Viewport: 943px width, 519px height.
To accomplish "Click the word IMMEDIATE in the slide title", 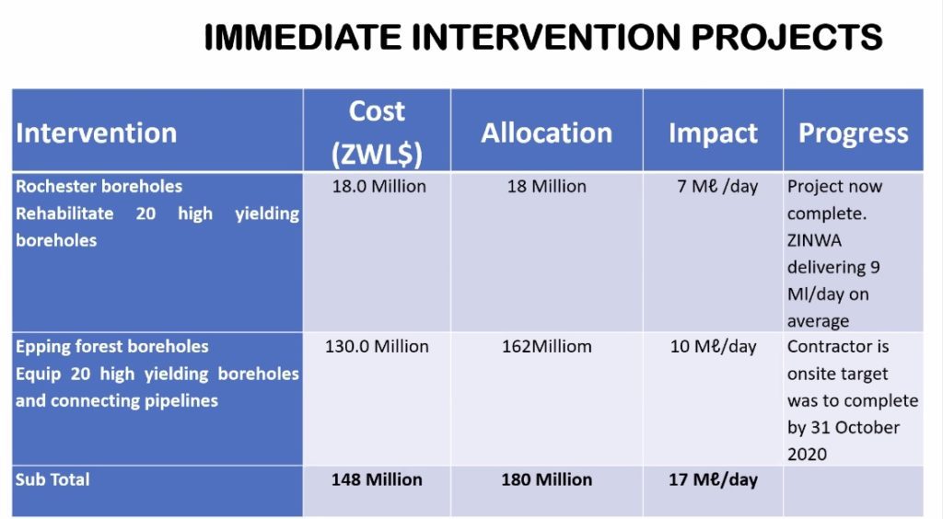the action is [x=302, y=37].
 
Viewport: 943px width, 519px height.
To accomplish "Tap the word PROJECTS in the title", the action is [x=786, y=37].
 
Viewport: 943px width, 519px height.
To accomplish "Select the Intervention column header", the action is [x=96, y=133].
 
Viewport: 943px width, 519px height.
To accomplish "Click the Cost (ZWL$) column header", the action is [x=377, y=133].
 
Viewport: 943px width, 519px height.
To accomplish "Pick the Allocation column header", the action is [x=547, y=133].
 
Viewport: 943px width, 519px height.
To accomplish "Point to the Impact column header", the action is [x=714, y=133].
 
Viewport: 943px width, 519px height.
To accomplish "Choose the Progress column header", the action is [x=854, y=133].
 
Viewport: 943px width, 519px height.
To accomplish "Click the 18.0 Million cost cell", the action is [x=378, y=186].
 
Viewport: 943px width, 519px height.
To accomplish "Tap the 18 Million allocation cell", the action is [x=547, y=186].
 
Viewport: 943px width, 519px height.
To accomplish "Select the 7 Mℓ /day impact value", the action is [x=717, y=187].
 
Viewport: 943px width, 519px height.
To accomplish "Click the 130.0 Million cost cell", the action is [x=377, y=347].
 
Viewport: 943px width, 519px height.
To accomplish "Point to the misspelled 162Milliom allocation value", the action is [x=547, y=347].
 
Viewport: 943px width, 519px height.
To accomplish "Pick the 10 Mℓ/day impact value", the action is [x=714, y=347].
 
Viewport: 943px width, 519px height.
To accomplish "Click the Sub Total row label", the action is [x=52, y=479].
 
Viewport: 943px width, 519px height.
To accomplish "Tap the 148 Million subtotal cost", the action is [x=377, y=479].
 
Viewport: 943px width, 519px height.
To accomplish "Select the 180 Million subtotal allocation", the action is [x=547, y=479].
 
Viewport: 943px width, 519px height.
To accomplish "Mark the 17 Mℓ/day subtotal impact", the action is [x=714, y=480].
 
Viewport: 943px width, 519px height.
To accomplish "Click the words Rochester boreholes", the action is [x=99, y=186].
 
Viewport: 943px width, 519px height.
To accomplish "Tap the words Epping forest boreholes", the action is [x=111, y=347].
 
